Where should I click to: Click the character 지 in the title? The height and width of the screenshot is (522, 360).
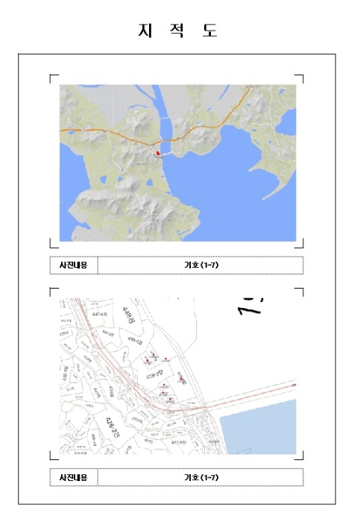(144, 31)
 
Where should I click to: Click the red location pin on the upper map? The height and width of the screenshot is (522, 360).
(157, 152)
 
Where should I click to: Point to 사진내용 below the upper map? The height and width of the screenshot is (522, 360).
(73, 265)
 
